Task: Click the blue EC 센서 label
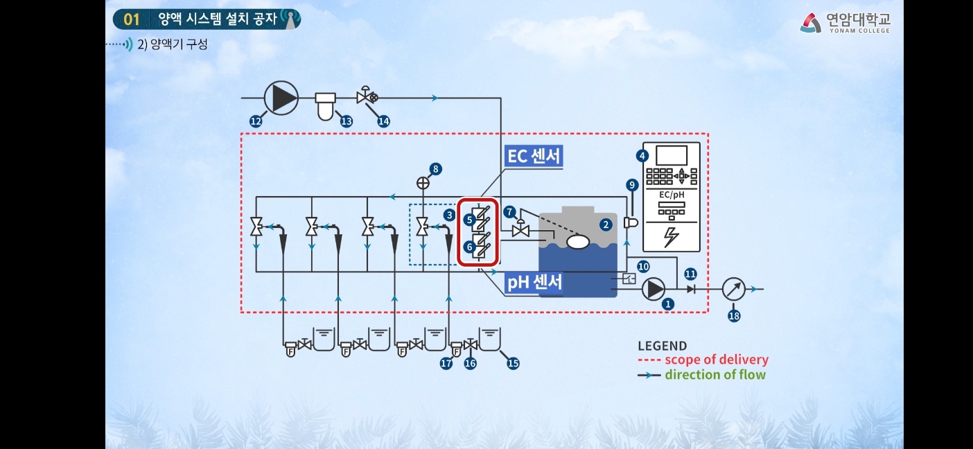pyautogui.click(x=534, y=156)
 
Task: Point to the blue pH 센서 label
pyautogui.click(x=534, y=282)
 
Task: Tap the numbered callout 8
pyautogui.click(x=435, y=168)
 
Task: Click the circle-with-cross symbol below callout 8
pyautogui.click(x=423, y=183)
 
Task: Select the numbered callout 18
pyautogui.click(x=734, y=316)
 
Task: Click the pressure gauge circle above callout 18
pyautogui.click(x=734, y=289)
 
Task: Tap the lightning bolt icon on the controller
pyautogui.click(x=672, y=237)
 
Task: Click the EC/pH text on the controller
pyautogui.click(x=671, y=195)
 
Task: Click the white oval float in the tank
pyautogui.click(x=577, y=242)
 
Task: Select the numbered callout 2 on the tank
pyautogui.click(x=606, y=224)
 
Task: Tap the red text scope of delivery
pyautogui.click(x=716, y=360)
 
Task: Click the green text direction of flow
pyautogui.click(x=715, y=375)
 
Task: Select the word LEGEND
pyautogui.click(x=662, y=346)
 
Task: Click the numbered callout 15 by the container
pyautogui.click(x=513, y=362)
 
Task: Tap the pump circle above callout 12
pyautogui.click(x=281, y=98)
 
